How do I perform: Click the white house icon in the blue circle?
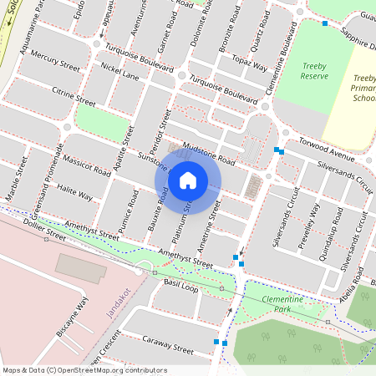pyautogui.click(x=188, y=180)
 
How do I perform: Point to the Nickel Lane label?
pyautogui.click(x=119, y=75)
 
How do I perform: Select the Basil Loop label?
pyautogui.click(x=180, y=287)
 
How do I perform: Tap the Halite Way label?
pyautogui.click(x=75, y=195)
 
